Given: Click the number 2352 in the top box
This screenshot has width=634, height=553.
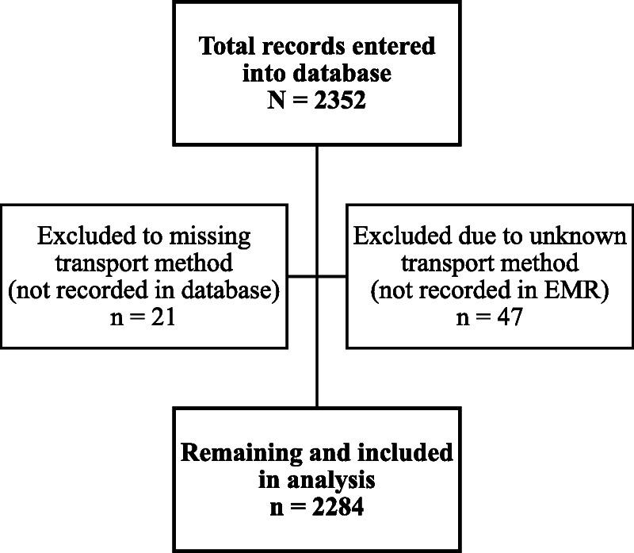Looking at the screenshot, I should (342, 102).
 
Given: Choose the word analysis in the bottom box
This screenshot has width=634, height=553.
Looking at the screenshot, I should (335, 480).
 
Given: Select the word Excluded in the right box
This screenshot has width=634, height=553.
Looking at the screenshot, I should (392, 236).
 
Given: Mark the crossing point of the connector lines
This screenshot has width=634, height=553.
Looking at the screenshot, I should (317, 276).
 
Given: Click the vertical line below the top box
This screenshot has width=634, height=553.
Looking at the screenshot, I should (317, 175).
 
